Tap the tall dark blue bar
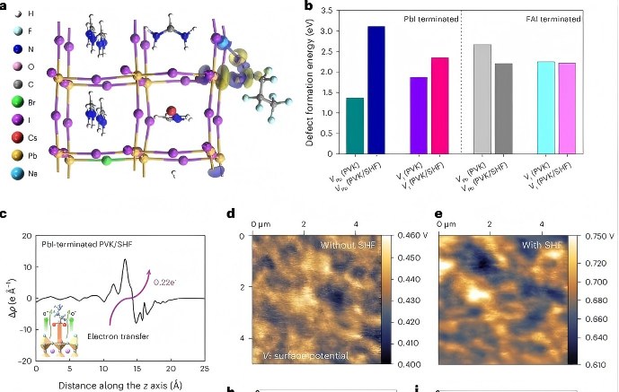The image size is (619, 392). click(376, 90)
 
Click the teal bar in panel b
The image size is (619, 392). click(355, 126)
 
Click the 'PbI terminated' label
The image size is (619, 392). click(428, 18)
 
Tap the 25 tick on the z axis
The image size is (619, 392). click(205, 369)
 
